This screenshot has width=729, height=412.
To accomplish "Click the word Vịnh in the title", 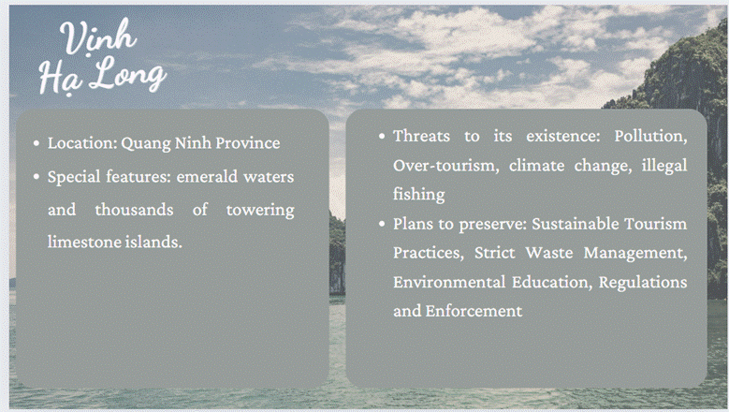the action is coord(98,37).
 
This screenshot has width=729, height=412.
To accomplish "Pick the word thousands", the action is coord(134,209).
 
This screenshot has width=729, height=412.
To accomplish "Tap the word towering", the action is coord(260,210).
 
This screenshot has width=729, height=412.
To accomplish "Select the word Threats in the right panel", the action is coord(421,136).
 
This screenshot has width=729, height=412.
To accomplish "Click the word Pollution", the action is coord(650,136).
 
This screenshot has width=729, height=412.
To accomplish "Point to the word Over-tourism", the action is coord(445,165).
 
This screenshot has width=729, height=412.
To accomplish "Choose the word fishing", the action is coord(419,195).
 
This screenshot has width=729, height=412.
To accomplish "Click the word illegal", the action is coord(663,166).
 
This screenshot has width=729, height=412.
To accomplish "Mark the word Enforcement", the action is coord(474,311).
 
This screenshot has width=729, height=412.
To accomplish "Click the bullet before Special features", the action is coord(36,177).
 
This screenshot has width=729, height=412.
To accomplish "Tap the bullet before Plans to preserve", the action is coord(382,224).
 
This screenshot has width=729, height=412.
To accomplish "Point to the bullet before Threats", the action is coord(382,136).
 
